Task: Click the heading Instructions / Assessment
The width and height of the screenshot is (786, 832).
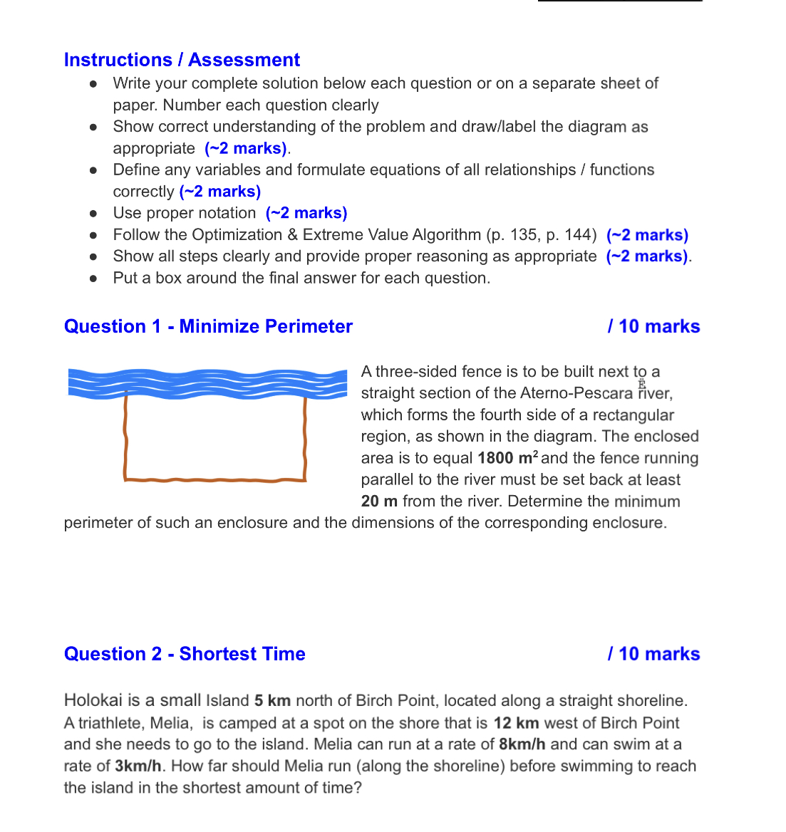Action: tap(182, 60)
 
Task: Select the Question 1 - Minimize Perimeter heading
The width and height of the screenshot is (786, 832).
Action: tap(208, 326)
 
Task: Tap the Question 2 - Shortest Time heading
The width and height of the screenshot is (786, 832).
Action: tap(185, 654)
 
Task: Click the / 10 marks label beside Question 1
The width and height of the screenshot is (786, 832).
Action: tap(653, 326)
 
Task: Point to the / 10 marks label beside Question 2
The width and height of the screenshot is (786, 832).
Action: tap(653, 654)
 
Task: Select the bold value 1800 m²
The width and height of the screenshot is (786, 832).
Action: tap(508, 458)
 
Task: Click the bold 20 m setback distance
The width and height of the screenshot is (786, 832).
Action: tap(379, 501)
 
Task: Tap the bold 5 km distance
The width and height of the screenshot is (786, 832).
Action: tap(272, 701)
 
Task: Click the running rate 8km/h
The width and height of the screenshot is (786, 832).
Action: tap(522, 744)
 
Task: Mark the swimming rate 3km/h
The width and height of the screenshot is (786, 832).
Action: tap(138, 766)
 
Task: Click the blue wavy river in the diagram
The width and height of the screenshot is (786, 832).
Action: tap(207, 383)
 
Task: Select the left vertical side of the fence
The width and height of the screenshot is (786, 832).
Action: tap(126, 438)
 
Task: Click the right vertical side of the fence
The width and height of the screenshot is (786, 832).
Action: tap(305, 438)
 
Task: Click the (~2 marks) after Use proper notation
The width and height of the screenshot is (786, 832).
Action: tap(306, 213)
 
